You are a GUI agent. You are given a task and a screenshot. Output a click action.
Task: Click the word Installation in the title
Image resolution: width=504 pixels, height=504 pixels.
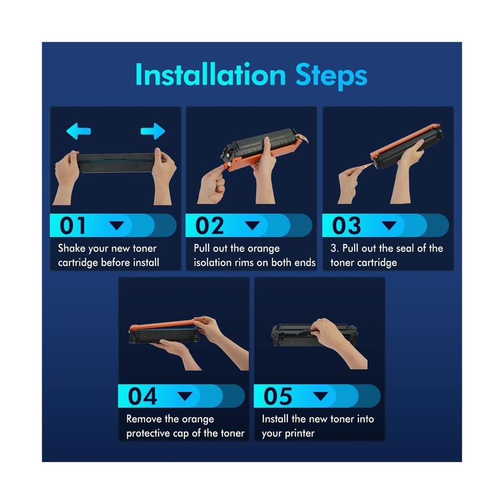[210, 74]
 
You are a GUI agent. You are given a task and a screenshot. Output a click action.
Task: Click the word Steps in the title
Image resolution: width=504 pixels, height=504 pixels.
[331, 76]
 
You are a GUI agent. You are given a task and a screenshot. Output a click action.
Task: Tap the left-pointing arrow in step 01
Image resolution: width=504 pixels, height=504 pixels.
[78, 131]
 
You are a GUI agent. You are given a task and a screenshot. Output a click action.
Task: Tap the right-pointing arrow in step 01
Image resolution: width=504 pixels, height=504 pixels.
[152, 131]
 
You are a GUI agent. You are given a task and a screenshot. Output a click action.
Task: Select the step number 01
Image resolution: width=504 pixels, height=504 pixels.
[72, 226]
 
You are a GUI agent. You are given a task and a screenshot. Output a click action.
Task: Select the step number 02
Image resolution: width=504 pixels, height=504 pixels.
[209, 226]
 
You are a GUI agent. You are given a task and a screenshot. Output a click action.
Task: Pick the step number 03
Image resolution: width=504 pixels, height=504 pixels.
[346, 226]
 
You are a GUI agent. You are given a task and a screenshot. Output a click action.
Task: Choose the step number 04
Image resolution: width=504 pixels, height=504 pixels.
[142, 396]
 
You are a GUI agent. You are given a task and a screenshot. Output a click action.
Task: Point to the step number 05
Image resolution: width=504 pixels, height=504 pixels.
[278, 396]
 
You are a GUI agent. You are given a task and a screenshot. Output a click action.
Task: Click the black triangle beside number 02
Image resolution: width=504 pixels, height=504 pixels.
[253, 226]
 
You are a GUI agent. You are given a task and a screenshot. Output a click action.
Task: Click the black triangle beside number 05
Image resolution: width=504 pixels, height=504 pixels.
[321, 396]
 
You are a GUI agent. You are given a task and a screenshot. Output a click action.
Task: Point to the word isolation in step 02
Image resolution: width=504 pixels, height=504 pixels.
[212, 262]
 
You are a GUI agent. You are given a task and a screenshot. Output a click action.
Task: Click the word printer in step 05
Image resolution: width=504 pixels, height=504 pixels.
[300, 433]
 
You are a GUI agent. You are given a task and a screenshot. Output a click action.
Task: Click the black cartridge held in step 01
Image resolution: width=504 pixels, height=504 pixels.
[116, 163]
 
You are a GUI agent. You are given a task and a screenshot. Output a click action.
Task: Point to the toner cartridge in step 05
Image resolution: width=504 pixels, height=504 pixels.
[314, 335]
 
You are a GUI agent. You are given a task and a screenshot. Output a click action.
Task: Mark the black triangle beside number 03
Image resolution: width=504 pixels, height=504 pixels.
[389, 226]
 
